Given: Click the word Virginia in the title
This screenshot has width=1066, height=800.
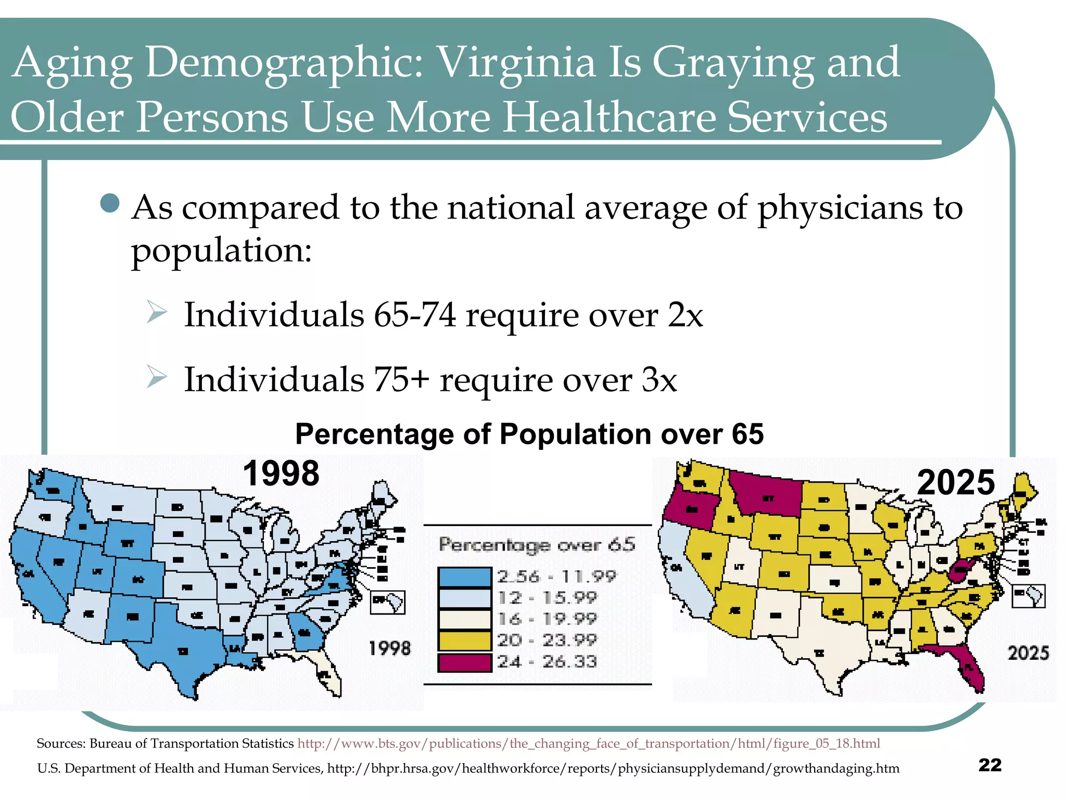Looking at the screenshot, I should [x=516, y=63].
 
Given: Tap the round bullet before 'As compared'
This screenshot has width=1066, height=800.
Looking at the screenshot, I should [x=110, y=203].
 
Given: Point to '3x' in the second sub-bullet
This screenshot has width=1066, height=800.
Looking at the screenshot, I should [x=659, y=380].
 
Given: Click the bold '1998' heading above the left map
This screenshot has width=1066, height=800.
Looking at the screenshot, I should [x=281, y=473].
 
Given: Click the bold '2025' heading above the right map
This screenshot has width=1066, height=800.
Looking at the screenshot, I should [x=956, y=482].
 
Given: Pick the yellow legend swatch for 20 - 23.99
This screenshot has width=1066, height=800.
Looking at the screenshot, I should [x=464, y=641].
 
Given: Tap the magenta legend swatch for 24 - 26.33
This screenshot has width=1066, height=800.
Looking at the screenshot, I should [x=464, y=662].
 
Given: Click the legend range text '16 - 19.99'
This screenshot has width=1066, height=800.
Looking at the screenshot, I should [x=547, y=619].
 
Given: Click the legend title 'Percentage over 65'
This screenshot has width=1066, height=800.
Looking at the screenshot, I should [x=537, y=545].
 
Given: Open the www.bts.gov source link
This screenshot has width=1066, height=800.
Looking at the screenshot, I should [x=588, y=743].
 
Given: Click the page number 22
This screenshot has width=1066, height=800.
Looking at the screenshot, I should [x=989, y=765].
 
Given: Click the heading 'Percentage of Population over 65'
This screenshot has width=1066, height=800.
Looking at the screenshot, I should [x=529, y=434].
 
